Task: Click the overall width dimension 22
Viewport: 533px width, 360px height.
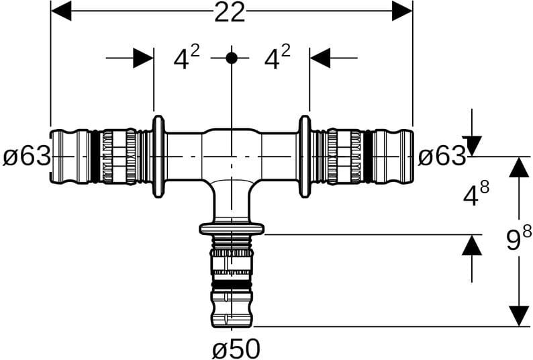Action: [x=230, y=13]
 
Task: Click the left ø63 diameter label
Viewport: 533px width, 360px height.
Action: [x=27, y=157]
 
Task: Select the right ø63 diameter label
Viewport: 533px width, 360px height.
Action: [x=442, y=156]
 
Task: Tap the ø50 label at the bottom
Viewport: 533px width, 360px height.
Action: [x=236, y=349]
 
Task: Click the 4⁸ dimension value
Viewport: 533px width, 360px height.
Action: [x=476, y=194]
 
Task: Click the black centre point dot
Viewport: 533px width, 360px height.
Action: [x=232, y=58]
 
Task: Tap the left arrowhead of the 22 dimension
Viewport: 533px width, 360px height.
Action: [x=61, y=11]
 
